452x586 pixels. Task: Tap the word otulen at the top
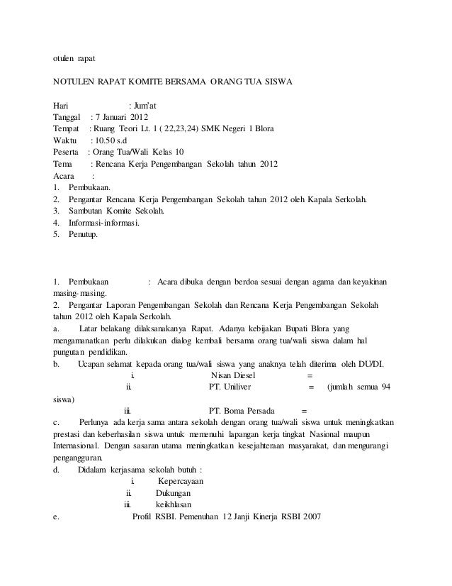(x=65, y=57)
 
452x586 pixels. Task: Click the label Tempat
(x=67, y=129)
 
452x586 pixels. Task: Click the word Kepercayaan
(x=187, y=485)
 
